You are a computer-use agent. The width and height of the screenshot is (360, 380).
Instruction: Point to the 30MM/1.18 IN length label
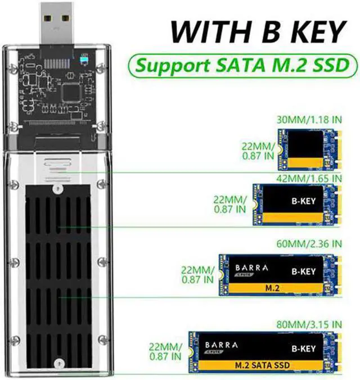coord(309,120)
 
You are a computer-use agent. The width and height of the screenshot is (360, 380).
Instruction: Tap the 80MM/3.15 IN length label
coord(309,325)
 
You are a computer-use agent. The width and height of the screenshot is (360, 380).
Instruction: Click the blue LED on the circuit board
coord(84,59)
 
